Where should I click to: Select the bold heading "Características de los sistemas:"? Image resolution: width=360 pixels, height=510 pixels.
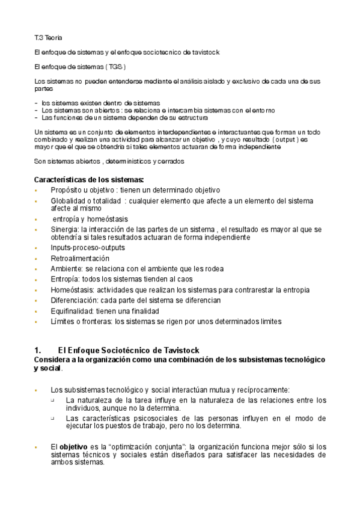tap(89, 179)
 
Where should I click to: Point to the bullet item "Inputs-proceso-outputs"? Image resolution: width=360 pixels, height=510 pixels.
tap(88, 248)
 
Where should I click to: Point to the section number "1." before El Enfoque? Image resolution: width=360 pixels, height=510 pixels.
tap(38, 350)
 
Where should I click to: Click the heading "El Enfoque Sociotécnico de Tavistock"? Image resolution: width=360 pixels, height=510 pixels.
tap(129, 350)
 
